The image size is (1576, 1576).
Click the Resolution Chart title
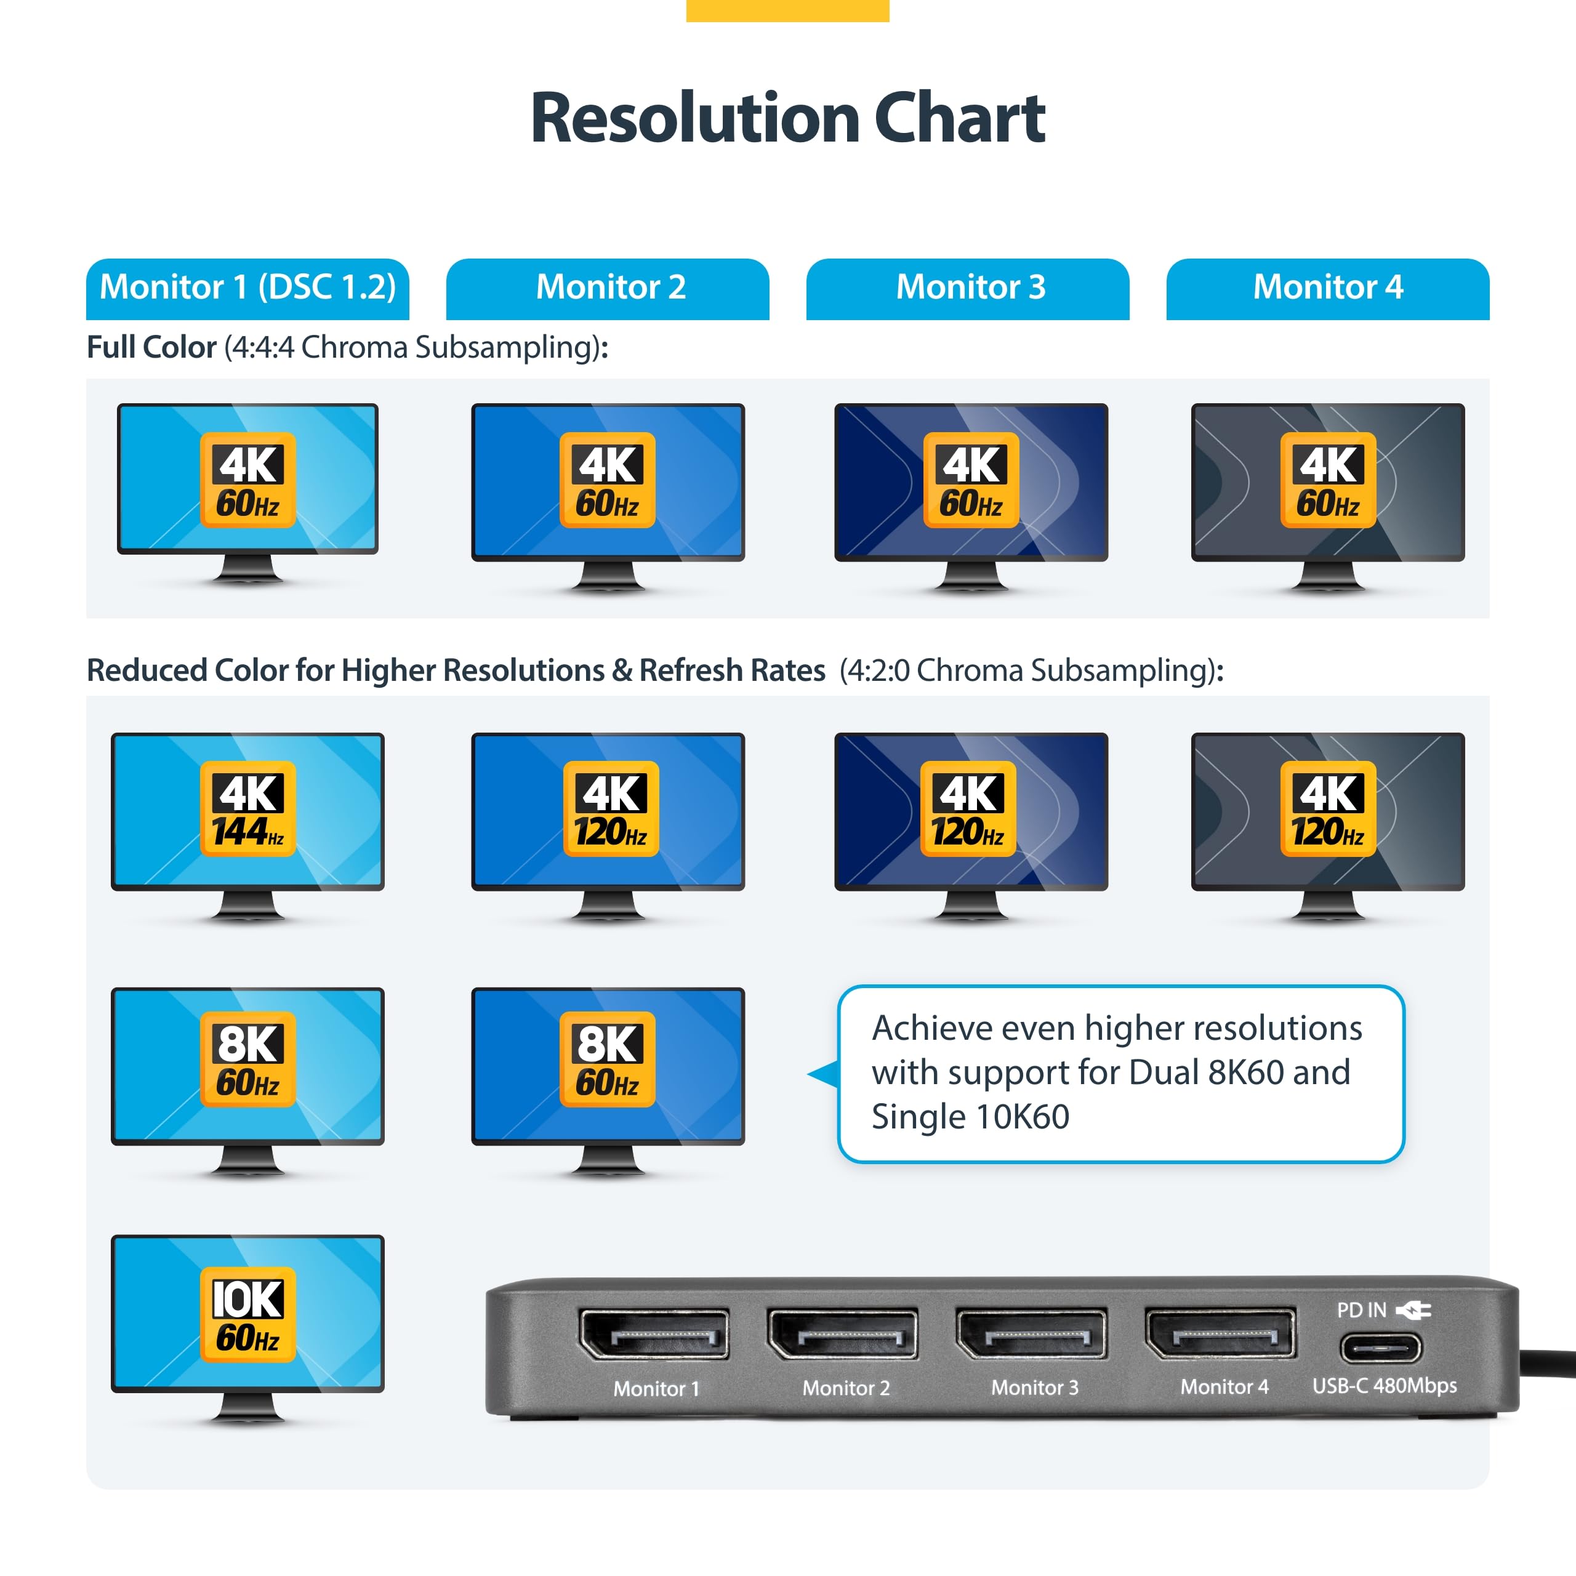click(787, 118)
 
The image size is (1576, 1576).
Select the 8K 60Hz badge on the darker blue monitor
click(607, 1059)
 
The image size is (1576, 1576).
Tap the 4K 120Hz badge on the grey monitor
click(1327, 808)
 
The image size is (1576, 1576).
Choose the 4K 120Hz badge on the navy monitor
click(968, 808)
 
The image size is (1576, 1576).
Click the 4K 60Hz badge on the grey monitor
click(1327, 480)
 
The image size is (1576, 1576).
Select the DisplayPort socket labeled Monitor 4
click(1220, 1333)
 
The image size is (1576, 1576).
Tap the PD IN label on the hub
click(1361, 1310)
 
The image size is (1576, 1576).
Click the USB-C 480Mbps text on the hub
click(1385, 1385)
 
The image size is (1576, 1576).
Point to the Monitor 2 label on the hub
click(846, 1388)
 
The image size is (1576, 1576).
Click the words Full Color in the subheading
click(151, 347)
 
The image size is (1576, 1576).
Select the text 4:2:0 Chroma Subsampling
click(1031, 670)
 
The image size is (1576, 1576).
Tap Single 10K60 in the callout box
click(970, 1117)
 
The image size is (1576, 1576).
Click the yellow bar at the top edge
click(787, 10)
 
